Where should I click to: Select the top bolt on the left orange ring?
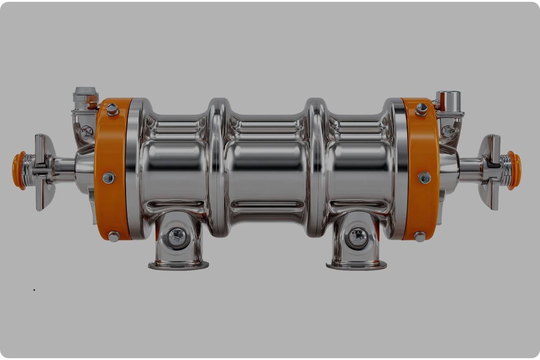[x=112, y=109]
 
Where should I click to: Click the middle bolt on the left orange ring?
[x=108, y=178]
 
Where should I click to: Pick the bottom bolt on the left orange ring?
[x=113, y=236]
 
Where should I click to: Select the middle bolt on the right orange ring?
[x=424, y=177]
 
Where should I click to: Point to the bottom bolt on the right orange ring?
[x=420, y=236]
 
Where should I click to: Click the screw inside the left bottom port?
[x=176, y=235]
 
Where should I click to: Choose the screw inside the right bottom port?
[x=358, y=235]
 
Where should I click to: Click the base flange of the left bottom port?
[x=178, y=265]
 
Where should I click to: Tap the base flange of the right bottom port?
[x=356, y=265]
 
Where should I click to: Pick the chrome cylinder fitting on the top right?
[x=448, y=100]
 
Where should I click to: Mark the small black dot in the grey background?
[x=34, y=290]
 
